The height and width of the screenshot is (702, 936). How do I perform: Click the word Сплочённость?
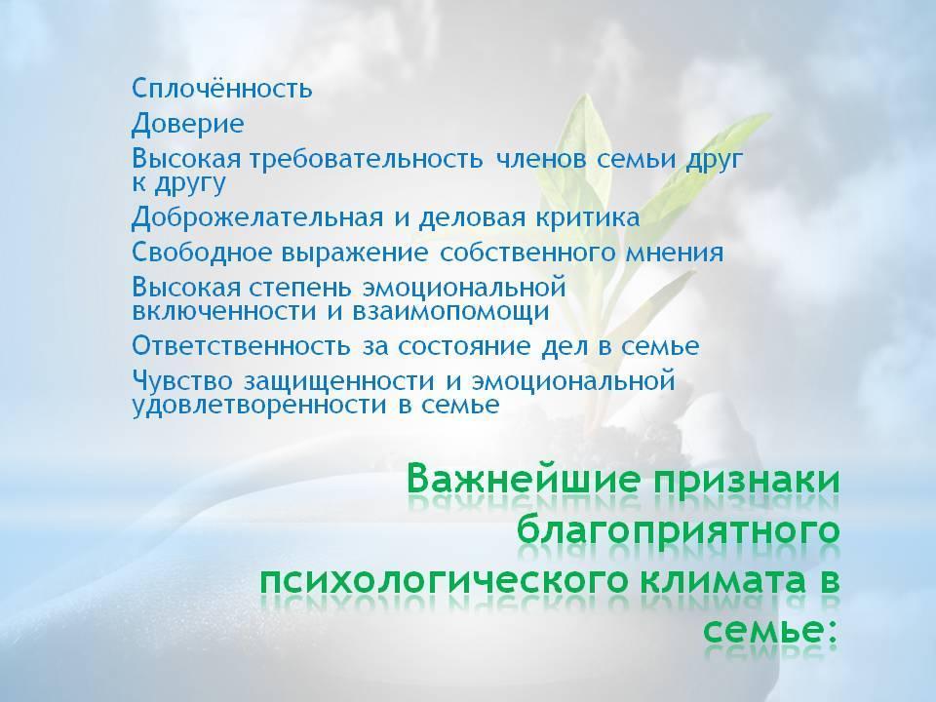pos(222,89)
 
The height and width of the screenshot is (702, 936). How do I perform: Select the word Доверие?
pos(188,124)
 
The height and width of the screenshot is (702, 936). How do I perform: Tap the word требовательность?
pos(366,159)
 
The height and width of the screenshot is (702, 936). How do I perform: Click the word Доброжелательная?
pos(257,217)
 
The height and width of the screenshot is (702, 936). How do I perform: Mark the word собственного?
pos(526,253)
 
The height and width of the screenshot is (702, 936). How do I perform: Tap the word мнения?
pos(675,253)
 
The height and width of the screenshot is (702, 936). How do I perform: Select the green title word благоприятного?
pos(679,530)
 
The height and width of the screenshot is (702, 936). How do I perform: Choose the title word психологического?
pos(445,583)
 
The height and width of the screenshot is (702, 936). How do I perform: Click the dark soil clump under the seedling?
pos(633,437)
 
